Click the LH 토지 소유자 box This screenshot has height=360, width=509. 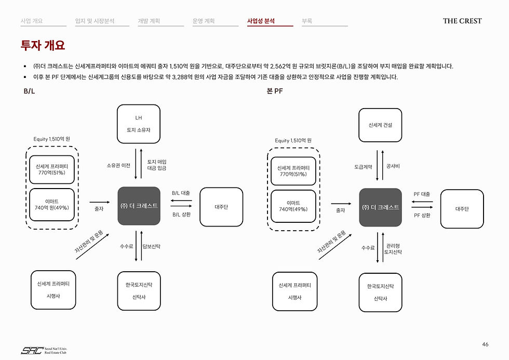click(139, 124)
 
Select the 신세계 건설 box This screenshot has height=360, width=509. click(380, 125)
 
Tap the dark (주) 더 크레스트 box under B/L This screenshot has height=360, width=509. click(139, 206)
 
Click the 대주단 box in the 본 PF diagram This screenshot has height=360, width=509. click(462, 209)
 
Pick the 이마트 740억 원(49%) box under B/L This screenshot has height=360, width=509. click(52, 205)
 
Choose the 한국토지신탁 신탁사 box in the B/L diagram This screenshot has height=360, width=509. click(139, 291)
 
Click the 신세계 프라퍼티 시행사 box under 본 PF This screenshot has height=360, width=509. click(295, 291)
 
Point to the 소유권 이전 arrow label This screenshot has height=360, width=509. click(118, 166)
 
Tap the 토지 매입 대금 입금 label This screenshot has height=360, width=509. click(157, 165)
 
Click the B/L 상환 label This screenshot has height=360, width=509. click(181, 215)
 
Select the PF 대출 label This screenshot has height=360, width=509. click(422, 194)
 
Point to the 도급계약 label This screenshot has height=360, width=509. click(363, 167)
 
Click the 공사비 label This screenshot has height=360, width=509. click(393, 166)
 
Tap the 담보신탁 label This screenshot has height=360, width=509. click(151, 246)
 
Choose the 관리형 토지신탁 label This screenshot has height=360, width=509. click(393, 249)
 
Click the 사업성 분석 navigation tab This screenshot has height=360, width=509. click(261, 21)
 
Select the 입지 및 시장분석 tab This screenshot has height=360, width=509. click(95, 21)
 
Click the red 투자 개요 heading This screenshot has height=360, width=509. click(43, 45)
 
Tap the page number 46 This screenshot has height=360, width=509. click(485, 344)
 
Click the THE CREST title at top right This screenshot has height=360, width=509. click(462, 21)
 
